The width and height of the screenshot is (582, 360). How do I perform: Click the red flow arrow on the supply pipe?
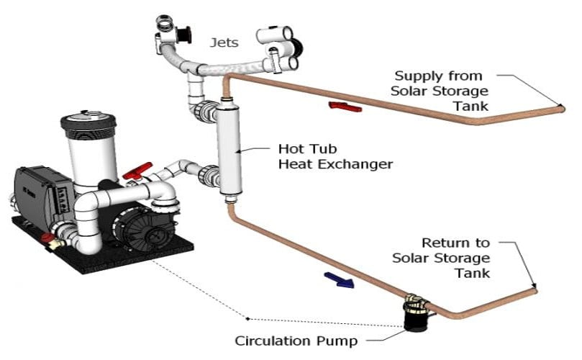(x=344, y=107)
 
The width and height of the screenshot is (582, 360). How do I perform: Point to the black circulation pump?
(x=415, y=318)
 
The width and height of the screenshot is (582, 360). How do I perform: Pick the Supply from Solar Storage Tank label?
(x=440, y=90)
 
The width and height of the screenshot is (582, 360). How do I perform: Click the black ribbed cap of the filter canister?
(x=88, y=123)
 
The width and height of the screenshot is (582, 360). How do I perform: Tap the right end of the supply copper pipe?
(x=560, y=108)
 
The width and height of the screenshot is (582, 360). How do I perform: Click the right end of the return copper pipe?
(x=534, y=289)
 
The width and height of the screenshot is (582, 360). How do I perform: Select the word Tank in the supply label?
(x=473, y=106)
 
